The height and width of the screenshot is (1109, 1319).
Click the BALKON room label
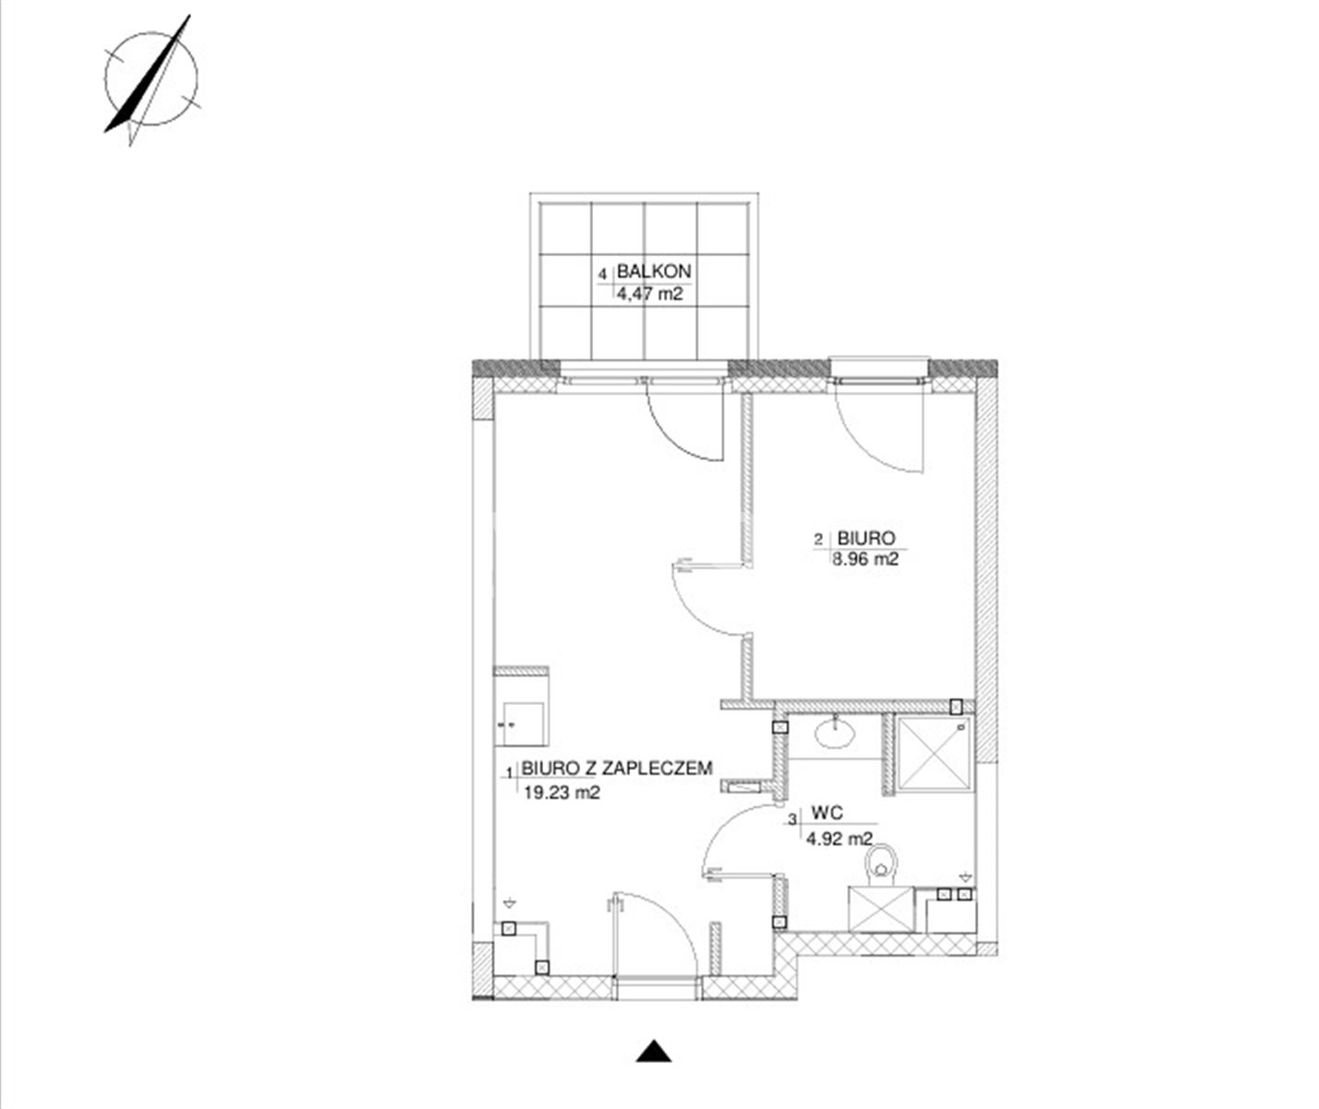click(654, 272)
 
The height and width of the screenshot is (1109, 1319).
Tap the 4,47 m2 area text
click(650, 293)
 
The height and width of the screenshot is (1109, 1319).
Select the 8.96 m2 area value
click(865, 559)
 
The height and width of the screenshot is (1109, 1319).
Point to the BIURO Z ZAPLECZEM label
click(616, 768)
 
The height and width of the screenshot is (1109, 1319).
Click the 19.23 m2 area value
click(562, 792)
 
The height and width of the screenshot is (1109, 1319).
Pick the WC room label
click(827, 813)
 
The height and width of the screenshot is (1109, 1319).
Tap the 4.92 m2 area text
click(840, 838)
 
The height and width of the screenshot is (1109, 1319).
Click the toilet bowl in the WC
click(882, 865)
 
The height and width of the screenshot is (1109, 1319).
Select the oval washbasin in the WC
click(835, 734)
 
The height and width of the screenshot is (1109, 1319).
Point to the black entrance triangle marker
click(654, 1051)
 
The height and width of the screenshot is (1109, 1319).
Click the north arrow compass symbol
click(150, 80)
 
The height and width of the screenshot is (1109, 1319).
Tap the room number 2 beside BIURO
click(818, 540)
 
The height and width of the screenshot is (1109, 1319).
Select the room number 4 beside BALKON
click(603, 274)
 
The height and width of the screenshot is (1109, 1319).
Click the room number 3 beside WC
click(793, 821)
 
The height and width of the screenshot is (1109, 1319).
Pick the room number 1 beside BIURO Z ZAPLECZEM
click(510, 773)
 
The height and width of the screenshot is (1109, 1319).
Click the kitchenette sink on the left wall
click(523, 724)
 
